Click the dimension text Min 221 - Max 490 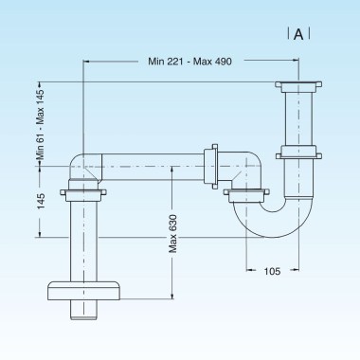(189, 62)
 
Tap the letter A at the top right (298, 35)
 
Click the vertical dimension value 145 (41, 202)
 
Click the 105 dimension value (273, 272)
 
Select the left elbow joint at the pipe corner (84, 163)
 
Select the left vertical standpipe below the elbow (84, 237)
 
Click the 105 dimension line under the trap (273, 260)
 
